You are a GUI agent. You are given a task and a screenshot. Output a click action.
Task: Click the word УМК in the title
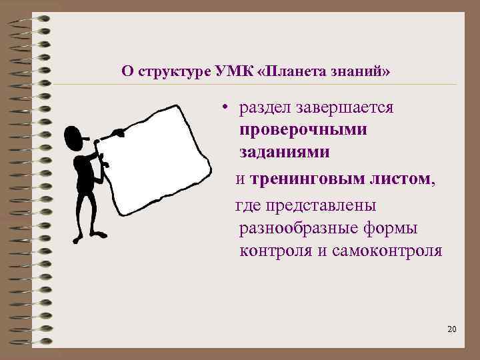click(234, 71)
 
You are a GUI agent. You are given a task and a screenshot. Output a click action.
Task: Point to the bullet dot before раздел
click(227, 109)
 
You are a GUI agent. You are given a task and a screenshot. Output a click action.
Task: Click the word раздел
click(268, 108)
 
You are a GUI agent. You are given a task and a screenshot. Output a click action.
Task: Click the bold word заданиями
click(285, 152)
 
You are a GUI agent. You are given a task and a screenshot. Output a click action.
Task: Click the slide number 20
click(451, 329)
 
